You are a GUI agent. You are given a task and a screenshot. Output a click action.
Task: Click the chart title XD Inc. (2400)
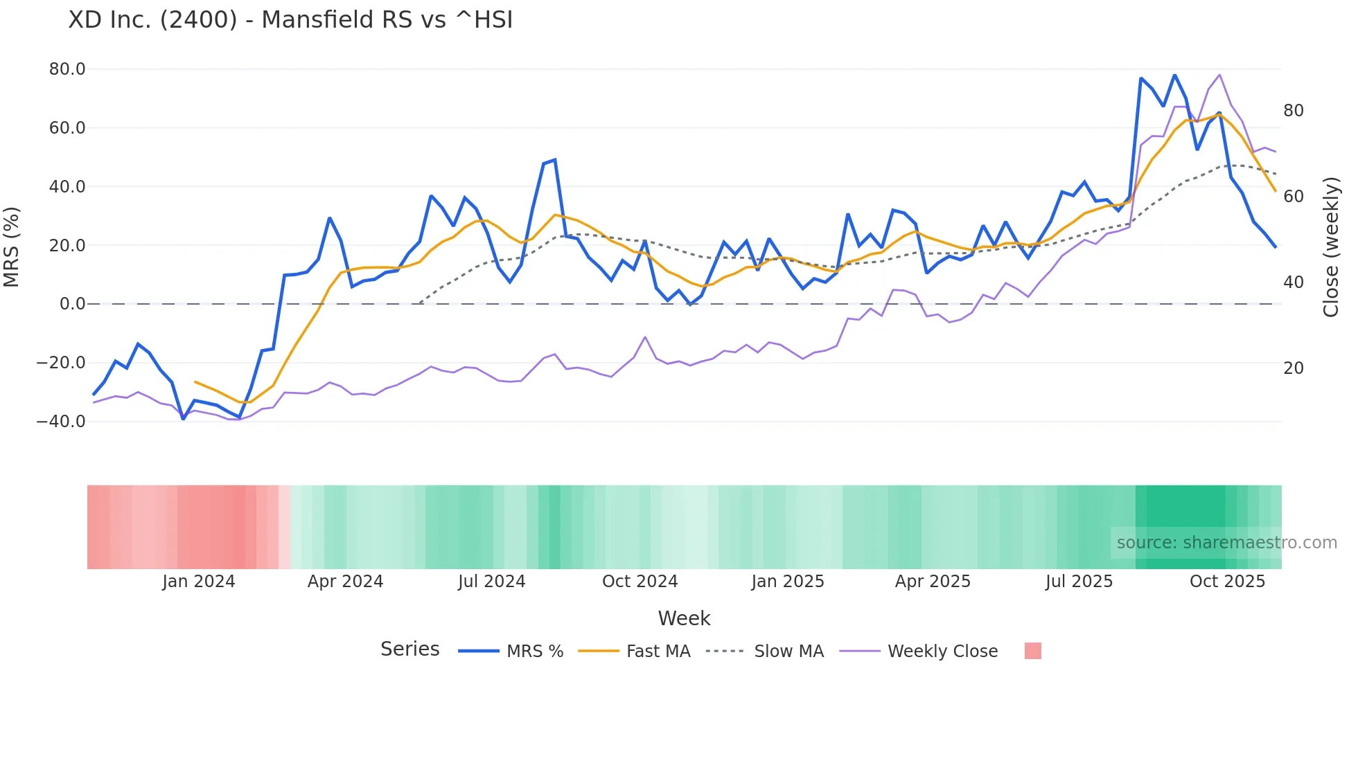pos(290,20)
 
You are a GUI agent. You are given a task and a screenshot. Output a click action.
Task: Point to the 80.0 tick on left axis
pos(67,69)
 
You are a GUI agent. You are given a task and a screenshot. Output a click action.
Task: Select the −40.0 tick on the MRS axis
pos(61,422)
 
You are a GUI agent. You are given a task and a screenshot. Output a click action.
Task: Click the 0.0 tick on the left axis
pos(73,304)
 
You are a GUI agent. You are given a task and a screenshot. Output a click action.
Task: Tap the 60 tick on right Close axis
pos(1293,197)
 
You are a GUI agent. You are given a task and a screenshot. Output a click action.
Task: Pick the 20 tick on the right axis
pos(1293,368)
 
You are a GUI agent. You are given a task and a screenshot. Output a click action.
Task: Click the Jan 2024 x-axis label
pos(199,582)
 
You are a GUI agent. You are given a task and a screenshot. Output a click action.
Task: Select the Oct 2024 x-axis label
pos(640,582)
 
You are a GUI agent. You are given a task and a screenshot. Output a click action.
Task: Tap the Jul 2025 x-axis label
pos(1079,582)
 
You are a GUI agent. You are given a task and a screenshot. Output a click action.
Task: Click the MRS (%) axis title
pos(12,246)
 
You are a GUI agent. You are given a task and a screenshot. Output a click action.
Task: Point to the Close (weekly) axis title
pos(1331,246)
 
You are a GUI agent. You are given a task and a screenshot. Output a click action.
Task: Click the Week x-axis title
pos(684,618)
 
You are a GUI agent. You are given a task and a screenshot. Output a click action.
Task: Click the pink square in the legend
pos(1032,651)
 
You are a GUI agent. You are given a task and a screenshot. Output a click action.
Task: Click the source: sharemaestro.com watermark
pos(1226,543)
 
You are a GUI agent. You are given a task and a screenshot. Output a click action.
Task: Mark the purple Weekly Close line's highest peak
pos(1219,75)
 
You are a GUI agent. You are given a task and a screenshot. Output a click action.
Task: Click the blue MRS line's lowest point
pos(183,419)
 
